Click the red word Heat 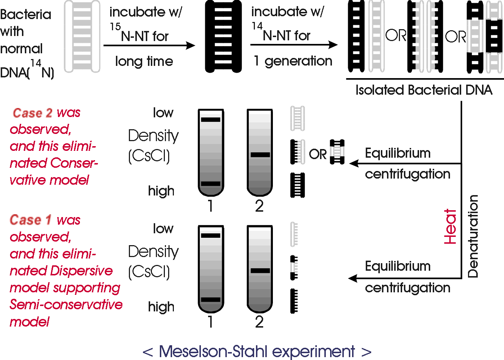(x=450, y=227)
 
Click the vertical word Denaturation (x=473, y=236)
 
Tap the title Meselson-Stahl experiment (x=257, y=351)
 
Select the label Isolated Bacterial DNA (x=424, y=90)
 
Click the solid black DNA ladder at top (x=223, y=36)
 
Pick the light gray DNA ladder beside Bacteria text (x=82, y=36)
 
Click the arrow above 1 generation (x=294, y=45)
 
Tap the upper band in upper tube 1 (x=211, y=120)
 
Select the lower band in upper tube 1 (x=211, y=184)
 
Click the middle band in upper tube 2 (x=260, y=155)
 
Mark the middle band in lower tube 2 (x=260, y=271)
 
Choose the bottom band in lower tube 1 (x=211, y=300)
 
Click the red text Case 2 (x=32, y=113)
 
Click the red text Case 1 (x=31, y=220)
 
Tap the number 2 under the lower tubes (x=259, y=322)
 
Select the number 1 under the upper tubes (x=210, y=206)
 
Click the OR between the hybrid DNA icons (x=318, y=154)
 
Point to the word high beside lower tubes (x=161, y=307)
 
